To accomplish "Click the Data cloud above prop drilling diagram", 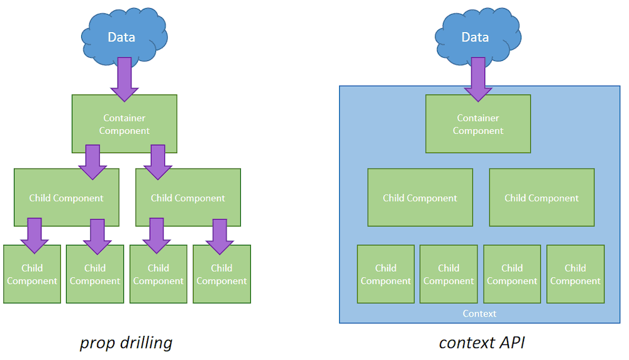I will (121, 37).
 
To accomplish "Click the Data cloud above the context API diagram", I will (475, 37).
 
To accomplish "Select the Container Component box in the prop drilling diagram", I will (125, 124).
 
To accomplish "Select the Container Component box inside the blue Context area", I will (478, 124).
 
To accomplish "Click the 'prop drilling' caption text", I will (126, 342).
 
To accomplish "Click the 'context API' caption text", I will (481, 342).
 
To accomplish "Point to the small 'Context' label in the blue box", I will (479, 313).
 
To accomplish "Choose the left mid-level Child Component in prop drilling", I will (66, 198).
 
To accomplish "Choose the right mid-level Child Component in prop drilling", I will (188, 198).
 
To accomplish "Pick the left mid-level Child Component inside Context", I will (420, 198).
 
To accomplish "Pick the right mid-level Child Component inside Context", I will (542, 198).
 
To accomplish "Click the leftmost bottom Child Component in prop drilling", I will (32, 274).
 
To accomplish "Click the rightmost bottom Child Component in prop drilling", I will (221, 274).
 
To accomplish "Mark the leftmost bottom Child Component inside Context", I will (386, 274).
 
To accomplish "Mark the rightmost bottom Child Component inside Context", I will (575, 274).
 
